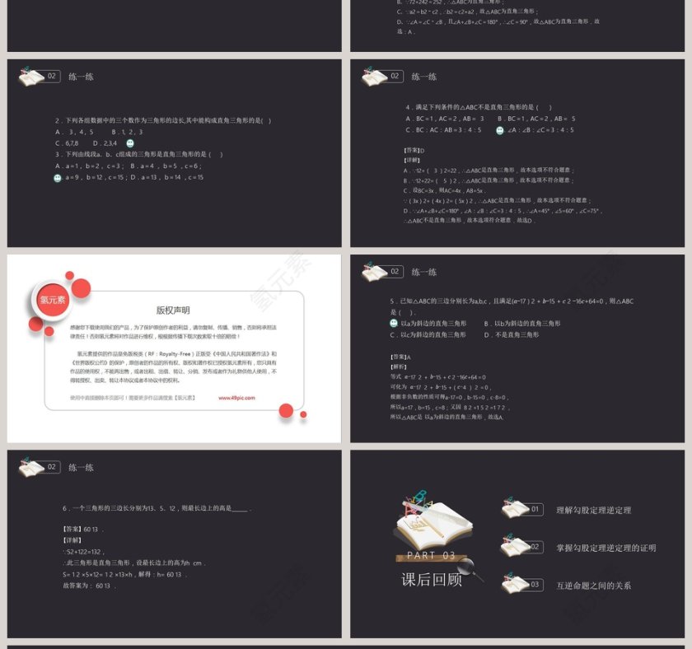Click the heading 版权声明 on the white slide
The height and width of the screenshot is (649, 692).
(x=173, y=310)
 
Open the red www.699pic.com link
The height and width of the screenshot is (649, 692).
(x=236, y=397)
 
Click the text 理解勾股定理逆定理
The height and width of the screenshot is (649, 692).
(x=593, y=511)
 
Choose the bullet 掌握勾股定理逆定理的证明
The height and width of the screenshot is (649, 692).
(x=605, y=548)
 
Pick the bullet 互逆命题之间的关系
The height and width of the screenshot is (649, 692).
(x=593, y=586)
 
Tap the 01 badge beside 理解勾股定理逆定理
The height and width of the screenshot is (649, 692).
(x=535, y=510)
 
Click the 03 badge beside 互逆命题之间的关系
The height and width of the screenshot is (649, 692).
(x=535, y=585)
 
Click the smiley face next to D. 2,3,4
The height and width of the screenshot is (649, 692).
(x=130, y=143)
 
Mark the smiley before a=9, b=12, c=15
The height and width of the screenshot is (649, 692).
(x=58, y=177)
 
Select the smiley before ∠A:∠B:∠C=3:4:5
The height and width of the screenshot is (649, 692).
(x=500, y=130)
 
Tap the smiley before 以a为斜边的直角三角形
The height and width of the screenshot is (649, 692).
(x=394, y=324)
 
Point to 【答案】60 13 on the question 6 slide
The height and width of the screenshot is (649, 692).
(x=81, y=529)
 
